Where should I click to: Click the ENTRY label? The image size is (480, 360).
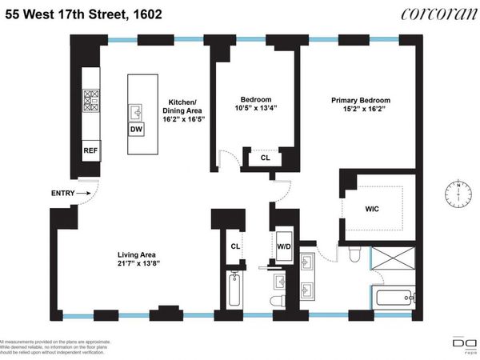65,193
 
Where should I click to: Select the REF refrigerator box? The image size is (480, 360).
90,150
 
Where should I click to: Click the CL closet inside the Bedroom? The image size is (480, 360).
265,158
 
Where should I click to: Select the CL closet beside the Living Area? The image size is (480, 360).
235,247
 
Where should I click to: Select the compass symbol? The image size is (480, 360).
458,192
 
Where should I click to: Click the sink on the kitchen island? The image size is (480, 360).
136,112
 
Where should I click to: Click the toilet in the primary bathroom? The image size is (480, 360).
358,255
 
